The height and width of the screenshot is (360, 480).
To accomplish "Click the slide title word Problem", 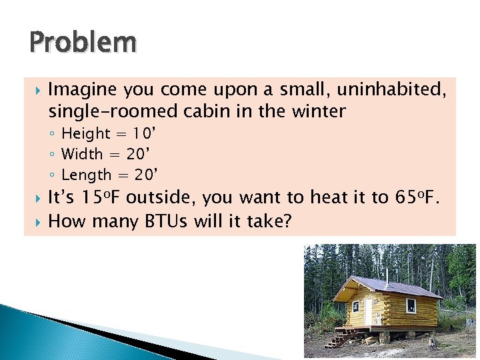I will click(x=83, y=43).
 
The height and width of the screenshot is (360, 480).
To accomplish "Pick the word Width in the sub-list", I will click(x=82, y=155).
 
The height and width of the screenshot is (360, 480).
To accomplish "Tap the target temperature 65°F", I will click(x=422, y=198).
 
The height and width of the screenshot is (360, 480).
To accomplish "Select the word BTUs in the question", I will click(x=168, y=221).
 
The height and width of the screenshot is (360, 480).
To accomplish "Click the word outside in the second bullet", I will click(x=161, y=198).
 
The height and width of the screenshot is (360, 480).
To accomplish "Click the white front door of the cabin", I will click(x=367, y=311).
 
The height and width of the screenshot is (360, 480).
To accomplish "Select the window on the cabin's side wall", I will click(x=411, y=306).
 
